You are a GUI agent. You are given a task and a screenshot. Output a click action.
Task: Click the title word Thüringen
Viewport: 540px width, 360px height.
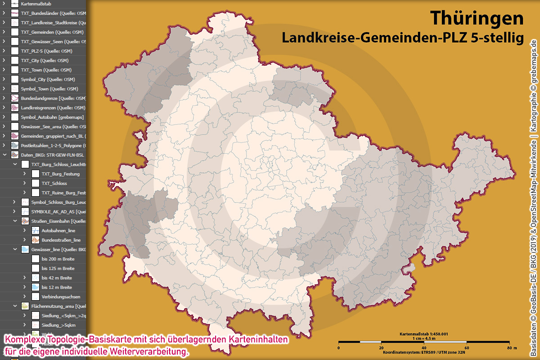[x=477, y=18]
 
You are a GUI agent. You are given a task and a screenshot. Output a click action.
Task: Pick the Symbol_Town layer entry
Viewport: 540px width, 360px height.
[x=49, y=89]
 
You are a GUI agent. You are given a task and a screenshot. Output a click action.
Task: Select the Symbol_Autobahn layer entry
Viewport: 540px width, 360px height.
[x=52, y=117]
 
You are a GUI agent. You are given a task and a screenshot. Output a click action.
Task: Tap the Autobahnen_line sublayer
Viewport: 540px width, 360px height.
[x=58, y=230]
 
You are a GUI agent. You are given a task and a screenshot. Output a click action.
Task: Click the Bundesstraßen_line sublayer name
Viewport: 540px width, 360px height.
[x=61, y=240]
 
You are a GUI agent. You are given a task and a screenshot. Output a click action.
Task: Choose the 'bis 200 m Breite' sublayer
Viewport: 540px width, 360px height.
[x=58, y=259]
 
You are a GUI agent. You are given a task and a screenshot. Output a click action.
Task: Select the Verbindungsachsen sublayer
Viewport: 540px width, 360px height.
[x=61, y=297]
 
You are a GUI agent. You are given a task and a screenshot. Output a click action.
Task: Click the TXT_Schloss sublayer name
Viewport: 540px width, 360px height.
[x=54, y=183]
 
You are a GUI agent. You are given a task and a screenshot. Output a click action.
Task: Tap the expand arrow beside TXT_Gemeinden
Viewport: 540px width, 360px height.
[x=4, y=32]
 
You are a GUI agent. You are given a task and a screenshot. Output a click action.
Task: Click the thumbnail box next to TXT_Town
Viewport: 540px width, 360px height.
[x=15, y=70]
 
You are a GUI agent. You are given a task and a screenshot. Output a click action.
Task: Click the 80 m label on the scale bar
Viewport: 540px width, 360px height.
[x=510, y=348]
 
